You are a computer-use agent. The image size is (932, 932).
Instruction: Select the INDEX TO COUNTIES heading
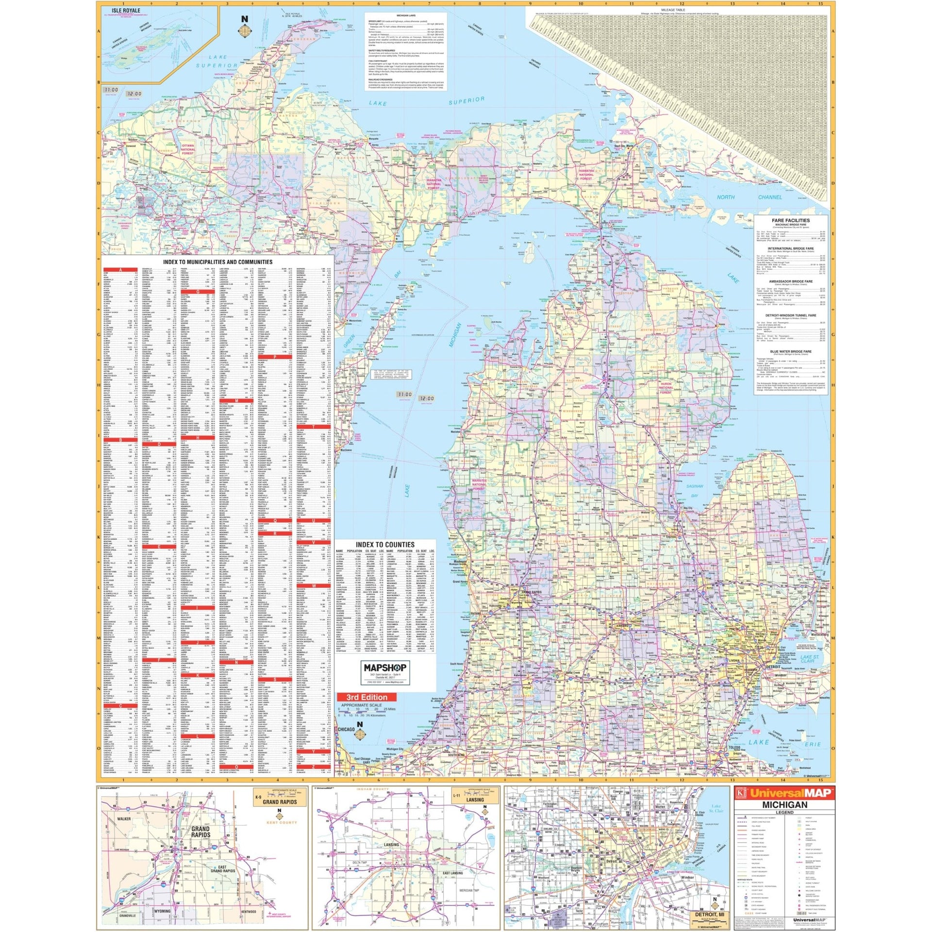pos(385,545)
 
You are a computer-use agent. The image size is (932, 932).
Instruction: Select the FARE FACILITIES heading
pos(790,220)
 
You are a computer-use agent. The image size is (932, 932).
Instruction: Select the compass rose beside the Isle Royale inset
pos(245,30)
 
